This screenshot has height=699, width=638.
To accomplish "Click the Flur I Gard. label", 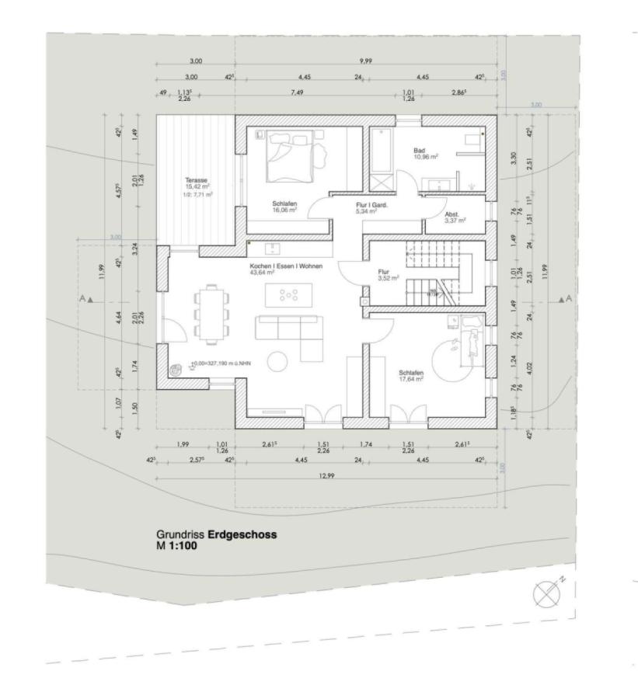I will (371, 203).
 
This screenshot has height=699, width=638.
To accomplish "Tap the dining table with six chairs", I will (211, 312).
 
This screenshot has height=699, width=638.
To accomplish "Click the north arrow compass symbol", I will (542, 593).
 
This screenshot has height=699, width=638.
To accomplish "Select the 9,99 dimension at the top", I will (365, 60).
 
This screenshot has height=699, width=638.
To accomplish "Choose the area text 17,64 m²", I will (410, 380).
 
